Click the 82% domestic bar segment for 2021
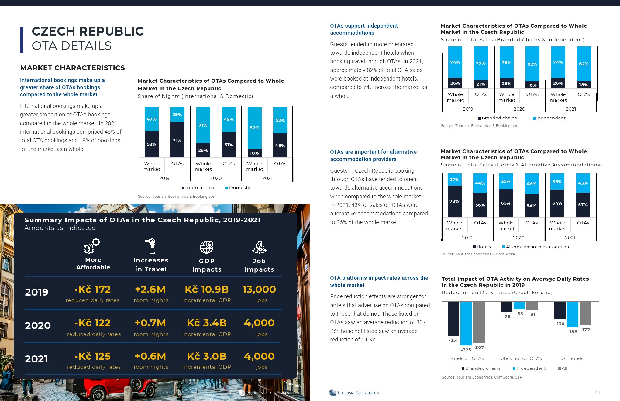coord(254,128)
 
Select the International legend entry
coord(199,188)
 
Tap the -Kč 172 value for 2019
coord(93,290)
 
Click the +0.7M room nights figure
coord(150,323)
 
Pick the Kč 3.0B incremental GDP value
coord(207,356)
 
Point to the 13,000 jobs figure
coord(259,290)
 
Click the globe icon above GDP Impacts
coord(206,247)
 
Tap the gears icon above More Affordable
coord(91,246)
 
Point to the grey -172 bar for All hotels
coord(585,313)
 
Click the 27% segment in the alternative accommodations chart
coord(454,180)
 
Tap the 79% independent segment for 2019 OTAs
coord(481,63)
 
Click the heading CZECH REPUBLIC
coord(88,31)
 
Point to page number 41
coord(597,392)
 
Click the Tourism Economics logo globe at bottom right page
coord(332,393)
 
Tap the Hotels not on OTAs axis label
coord(519,358)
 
